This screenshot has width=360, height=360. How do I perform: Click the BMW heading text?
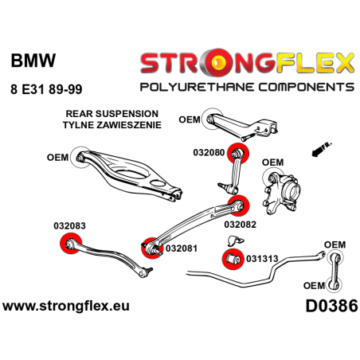[29, 61]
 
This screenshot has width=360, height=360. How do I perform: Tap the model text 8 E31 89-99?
[46, 89]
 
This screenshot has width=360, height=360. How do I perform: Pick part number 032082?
[241, 224]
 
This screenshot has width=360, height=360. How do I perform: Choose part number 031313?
[263, 258]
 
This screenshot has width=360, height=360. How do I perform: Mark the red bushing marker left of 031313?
[231, 258]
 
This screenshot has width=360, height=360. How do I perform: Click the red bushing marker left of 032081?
[149, 246]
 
